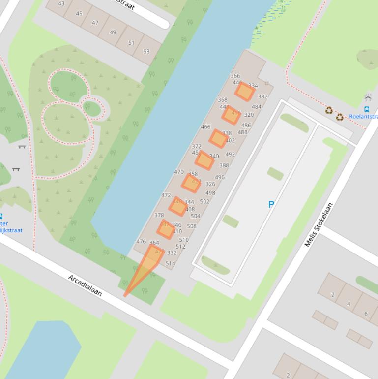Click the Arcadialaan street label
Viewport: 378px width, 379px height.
pos(85,285)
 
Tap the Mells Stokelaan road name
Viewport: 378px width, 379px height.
pos(319,224)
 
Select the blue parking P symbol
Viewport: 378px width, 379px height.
pos(271,204)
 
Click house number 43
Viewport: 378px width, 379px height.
pos(61,3)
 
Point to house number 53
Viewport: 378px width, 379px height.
pos(146,51)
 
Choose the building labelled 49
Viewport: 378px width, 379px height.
pos(113,32)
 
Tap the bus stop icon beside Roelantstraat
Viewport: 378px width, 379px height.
pos(367,109)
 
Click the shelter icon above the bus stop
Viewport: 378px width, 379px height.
pos(368,98)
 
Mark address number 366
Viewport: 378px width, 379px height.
pos(235,76)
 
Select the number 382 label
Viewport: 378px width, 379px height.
pos(263,96)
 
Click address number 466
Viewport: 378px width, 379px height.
pos(205,127)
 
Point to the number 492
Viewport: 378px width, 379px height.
pos(230,154)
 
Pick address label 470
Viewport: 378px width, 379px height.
pos(179,172)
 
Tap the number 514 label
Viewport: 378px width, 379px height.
pos(170,263)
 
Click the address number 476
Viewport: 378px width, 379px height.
pos(141,242)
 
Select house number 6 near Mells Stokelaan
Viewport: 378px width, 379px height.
pos(366,314)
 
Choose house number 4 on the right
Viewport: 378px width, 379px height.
pos(349,304)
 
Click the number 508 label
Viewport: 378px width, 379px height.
pos(192,226)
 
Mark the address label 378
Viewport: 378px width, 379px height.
pos(159,215)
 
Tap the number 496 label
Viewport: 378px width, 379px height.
pos(220,177)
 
